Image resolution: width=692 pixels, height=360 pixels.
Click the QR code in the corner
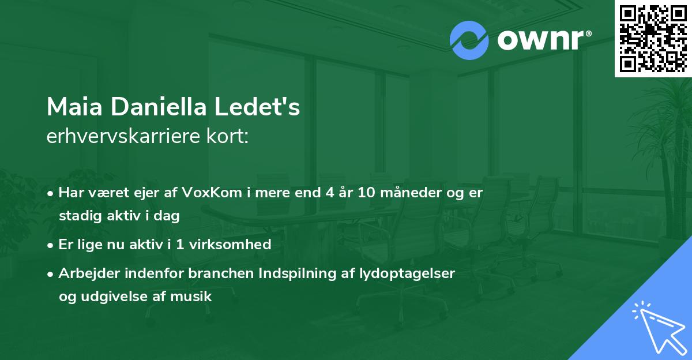point(653,38)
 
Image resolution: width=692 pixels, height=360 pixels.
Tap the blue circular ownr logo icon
point(469,40)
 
